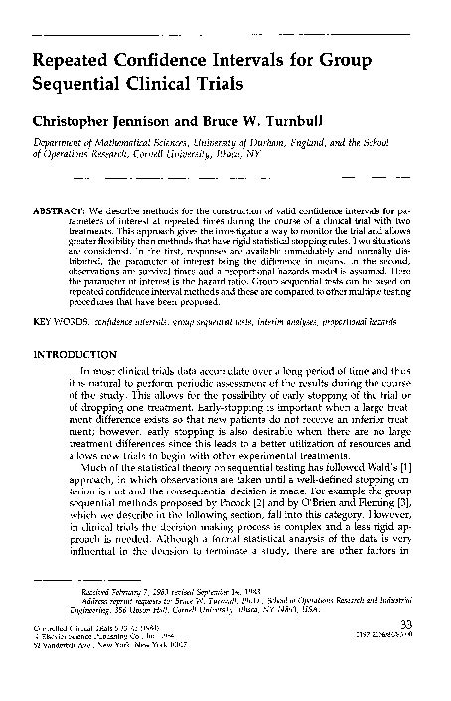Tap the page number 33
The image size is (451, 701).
403,651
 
